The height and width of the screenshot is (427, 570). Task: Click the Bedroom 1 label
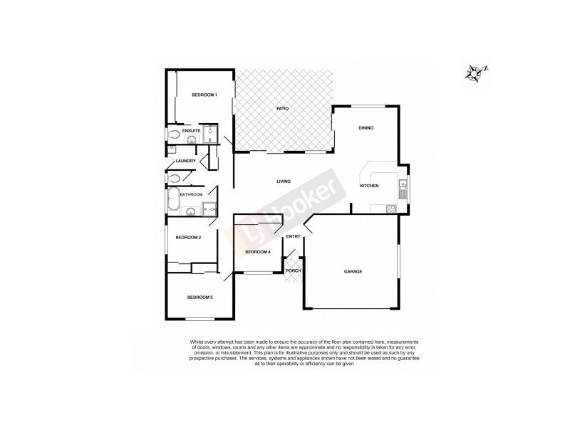(x=204, y=95)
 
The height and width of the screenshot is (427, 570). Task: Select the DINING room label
(x=366, y=128)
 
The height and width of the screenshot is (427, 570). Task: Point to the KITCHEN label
(x=369, y=186)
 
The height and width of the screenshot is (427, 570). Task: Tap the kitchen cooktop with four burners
(x=390, y=209)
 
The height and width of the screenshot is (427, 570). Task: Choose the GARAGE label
(x=353, y=272)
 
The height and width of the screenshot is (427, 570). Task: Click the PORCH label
(x=293, y=271)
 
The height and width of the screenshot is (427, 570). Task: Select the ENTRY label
(x=293, y=236)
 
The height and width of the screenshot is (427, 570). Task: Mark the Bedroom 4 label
(x=256, y=252)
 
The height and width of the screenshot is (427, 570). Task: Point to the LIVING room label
(x=284, y=181)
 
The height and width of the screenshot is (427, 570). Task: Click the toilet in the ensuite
(x=175, y=132)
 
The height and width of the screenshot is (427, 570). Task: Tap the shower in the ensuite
(x=212, y=134)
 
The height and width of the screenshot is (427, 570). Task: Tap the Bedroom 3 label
(x=199, y=297)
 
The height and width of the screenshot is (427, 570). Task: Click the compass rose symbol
(x=475, y=72)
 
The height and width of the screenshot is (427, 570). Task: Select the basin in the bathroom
(x=190, y=211)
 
